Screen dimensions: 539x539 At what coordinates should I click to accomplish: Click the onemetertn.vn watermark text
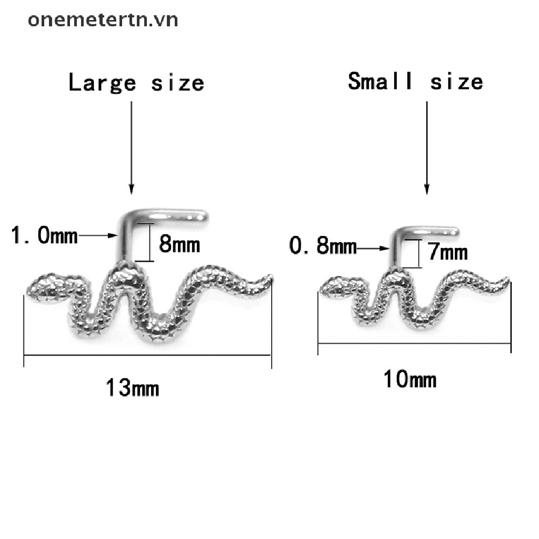point(103,19)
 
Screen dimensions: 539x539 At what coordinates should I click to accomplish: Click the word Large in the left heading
point(102,83)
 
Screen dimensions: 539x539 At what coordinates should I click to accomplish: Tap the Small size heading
point(415,82)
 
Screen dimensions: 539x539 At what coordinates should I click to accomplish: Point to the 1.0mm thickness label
point(44,235)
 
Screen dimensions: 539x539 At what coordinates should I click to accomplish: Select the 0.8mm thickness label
point(323,246)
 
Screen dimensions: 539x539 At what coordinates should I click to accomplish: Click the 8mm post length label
point(179,244)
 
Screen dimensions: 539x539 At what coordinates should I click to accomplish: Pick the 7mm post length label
point(447,253)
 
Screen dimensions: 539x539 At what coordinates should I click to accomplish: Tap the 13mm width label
point(133,388)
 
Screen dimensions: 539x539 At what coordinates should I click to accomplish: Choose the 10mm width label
point(410,379)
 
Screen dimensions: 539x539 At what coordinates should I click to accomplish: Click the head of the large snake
point(45,287)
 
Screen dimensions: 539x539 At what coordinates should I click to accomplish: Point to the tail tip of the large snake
point(271,277)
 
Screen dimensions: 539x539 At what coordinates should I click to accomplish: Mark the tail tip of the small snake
point(508,278)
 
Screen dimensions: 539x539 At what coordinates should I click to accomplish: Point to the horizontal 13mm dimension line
point(147,355)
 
